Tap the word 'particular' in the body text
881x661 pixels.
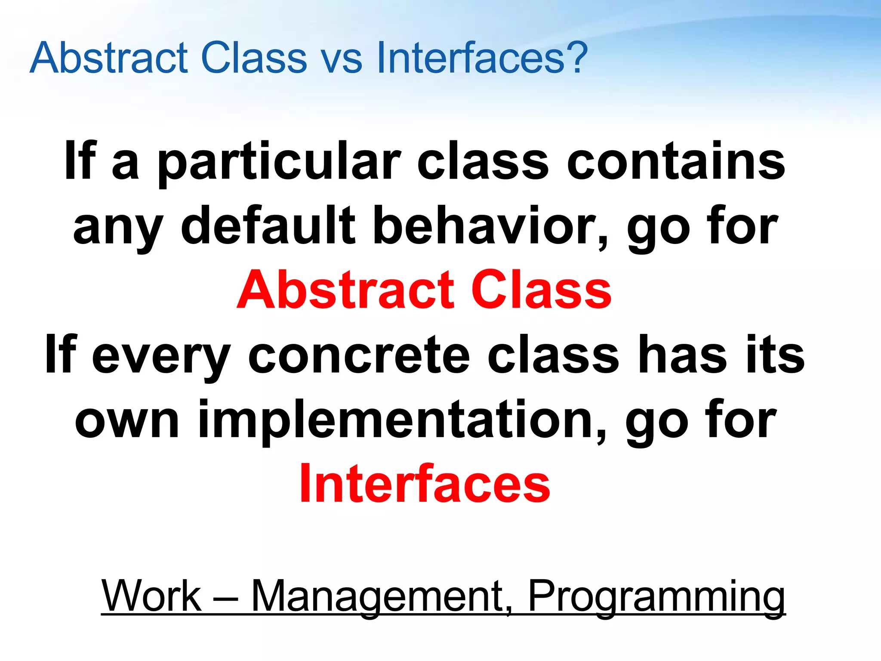coord(279,164)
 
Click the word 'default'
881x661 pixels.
coord(268,225)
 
